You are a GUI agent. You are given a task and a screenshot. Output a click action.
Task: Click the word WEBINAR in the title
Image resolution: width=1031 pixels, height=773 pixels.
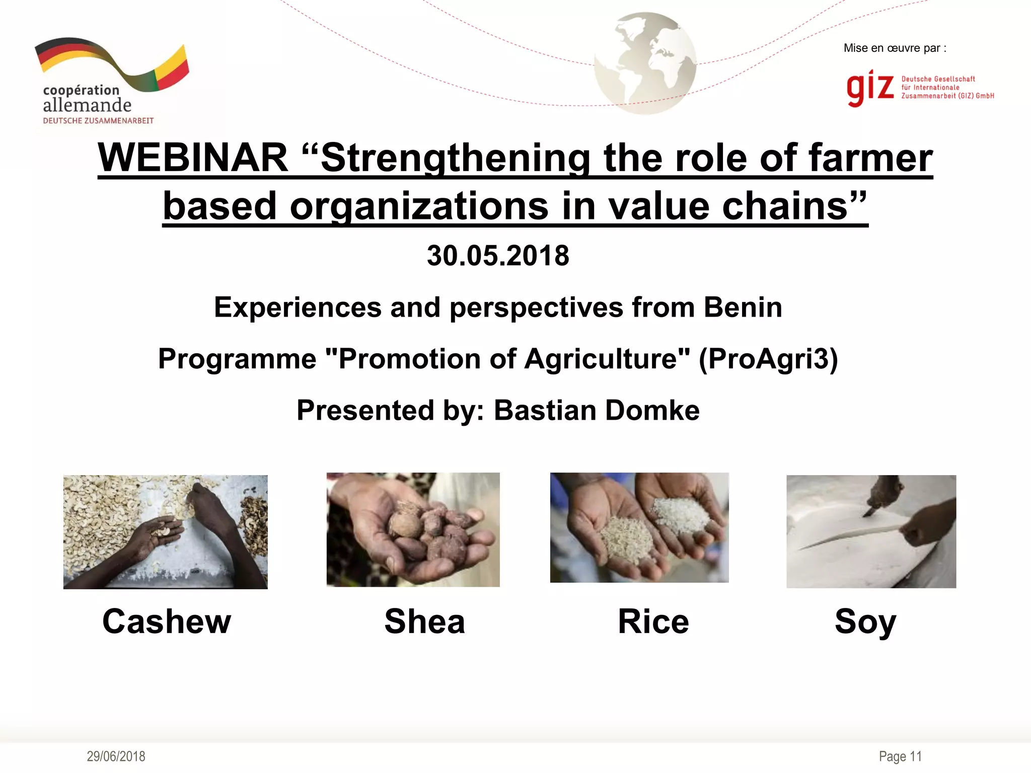click(193, 158)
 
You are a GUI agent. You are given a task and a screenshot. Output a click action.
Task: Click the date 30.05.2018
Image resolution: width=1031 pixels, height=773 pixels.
click(498, 256)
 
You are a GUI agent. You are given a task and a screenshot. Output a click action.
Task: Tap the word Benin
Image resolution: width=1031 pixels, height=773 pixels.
click(743, 307)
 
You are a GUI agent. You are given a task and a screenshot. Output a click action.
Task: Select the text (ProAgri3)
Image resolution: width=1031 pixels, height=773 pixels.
click(768, 359)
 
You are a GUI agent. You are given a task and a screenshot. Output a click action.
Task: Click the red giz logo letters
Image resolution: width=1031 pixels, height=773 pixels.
click(870, 88)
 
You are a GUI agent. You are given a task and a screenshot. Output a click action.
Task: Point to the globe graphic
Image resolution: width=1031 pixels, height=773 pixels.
click(645, 63)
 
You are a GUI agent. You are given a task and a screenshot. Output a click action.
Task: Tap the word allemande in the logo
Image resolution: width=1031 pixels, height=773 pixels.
click(87, 105)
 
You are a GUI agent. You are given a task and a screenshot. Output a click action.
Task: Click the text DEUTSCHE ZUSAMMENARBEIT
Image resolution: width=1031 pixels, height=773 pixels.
click(98, 121)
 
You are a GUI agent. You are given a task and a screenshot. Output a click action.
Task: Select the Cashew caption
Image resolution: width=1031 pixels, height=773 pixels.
click(167, 621)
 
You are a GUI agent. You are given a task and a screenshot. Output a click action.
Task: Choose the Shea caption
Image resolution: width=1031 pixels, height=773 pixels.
click(424, 621)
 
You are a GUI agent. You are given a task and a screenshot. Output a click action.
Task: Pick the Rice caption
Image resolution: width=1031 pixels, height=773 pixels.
click(653, 621)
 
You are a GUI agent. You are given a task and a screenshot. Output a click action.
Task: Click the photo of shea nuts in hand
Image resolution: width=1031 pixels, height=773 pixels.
click(413, 529)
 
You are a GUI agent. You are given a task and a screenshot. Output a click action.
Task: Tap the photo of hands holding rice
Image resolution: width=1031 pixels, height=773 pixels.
click(639, 527)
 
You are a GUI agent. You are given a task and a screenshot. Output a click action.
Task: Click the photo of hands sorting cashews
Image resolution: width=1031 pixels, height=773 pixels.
click(165, 531)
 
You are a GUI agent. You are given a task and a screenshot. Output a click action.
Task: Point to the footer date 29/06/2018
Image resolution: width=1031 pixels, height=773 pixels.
click(116, 756)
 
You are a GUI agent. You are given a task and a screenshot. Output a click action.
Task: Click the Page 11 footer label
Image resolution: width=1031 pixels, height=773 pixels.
click(900, 756)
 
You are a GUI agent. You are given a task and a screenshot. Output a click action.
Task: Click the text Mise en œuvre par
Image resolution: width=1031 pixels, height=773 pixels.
click(895, 48)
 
